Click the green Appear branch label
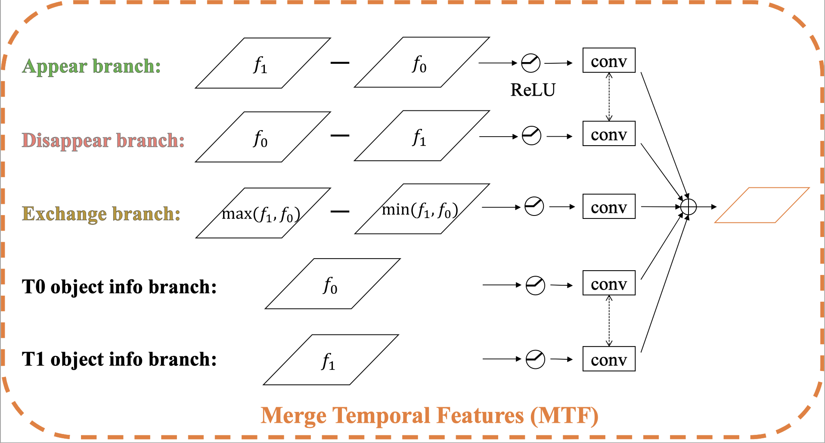pos(91,66)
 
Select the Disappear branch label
pos(103,140)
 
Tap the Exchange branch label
pos(101,214)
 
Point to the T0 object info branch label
pos(119,287)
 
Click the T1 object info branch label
pos(119,359)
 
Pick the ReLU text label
pos(533,90)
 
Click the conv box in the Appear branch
pos(609,61)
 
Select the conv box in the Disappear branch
pos(609,134)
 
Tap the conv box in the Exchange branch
pos(609,207)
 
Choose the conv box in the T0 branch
pos(609,283)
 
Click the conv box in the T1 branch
pos(609,359)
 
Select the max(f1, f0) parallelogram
pos(263,213)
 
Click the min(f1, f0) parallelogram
pos(422,209)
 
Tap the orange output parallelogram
pos(762,205)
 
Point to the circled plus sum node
pos(689,207)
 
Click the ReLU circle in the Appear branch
pos(530,63)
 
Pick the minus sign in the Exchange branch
pos(340,212)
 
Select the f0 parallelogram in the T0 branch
pos(332,284)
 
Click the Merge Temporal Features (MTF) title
pos(429,416)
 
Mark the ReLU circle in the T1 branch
pos(535,359)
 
